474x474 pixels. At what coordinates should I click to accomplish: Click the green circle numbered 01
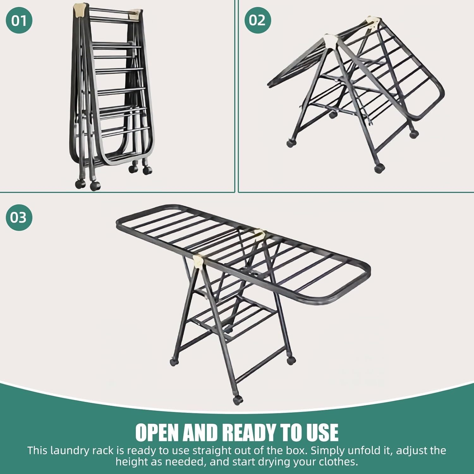pos(19,21)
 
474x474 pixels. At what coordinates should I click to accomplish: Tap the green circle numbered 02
pos(258,20)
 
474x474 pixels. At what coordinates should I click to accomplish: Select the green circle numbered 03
pos(19,218)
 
